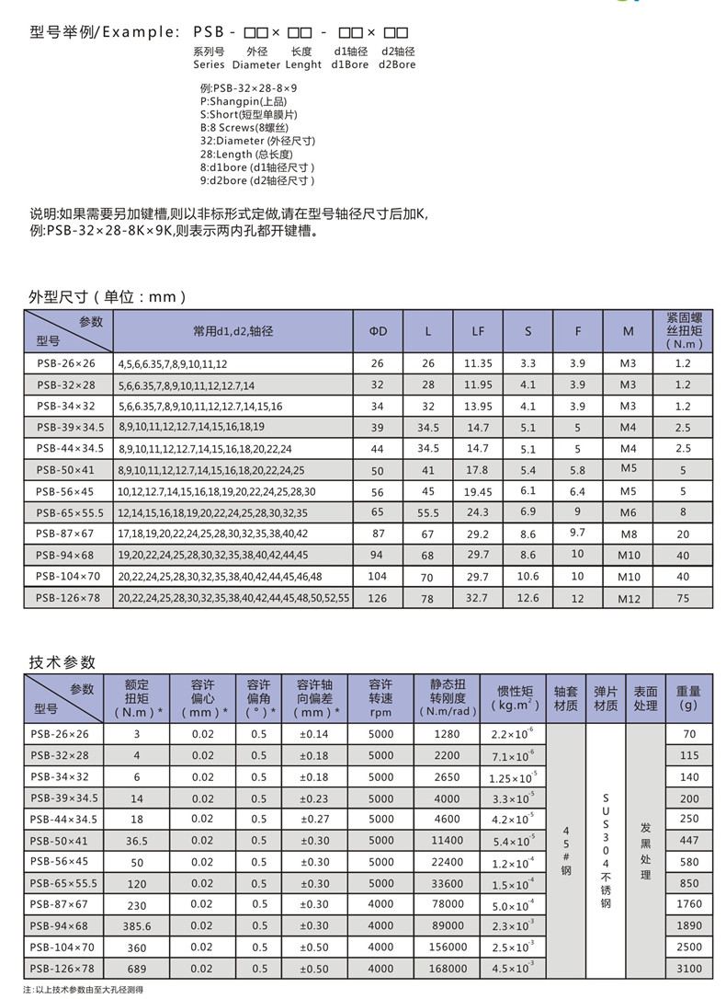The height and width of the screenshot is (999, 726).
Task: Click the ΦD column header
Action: tap(378, 331)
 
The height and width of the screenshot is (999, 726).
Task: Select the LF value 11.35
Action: tap(478, 364)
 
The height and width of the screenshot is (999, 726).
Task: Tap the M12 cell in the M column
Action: tap(628, 598)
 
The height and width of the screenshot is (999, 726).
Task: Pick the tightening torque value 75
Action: tap(682, 598)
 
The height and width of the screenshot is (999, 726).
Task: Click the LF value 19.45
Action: tap(478, 491)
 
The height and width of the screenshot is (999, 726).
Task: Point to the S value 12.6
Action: tap(527, 598)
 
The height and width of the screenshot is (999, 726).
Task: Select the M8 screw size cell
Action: tap(628, 534)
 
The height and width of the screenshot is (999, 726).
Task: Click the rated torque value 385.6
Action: tap(137, 926)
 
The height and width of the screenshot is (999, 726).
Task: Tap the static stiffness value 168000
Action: tap(448, 969)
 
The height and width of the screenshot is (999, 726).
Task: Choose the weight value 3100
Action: tap(689, 969)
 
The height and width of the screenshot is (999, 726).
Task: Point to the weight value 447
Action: tap(689, 841)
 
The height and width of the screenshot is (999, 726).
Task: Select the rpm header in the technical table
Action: tap(380, 712)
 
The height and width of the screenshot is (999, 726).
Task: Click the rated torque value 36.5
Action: tap(137, 841)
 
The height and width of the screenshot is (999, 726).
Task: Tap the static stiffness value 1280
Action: tap(448, 735)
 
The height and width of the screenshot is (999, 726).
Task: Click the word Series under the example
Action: tap(209, 65)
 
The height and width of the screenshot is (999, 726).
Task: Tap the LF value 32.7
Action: tap(478, 598)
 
